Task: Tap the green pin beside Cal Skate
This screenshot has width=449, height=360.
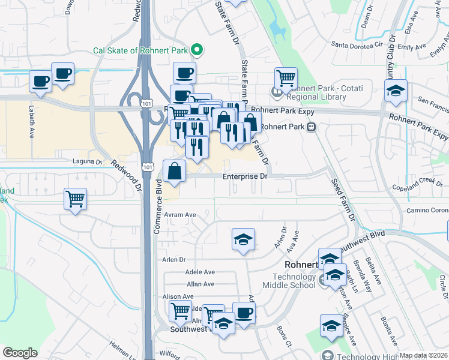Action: click(x=196, y=50)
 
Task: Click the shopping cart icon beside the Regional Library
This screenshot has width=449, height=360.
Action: click(x=286, y=78)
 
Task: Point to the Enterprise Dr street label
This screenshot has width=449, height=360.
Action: click(x=244, y=176)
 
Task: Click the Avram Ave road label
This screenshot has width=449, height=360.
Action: click(x=182, y=214)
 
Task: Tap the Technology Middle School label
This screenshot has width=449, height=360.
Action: click(x=294, y=281)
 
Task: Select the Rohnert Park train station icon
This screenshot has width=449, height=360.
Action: click(x=312, y=127)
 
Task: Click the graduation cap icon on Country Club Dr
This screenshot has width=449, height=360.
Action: click(x=396, y=91)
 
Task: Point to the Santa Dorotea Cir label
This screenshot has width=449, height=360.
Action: click(x=357, y=44)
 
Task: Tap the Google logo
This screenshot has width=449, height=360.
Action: click(x=20, y=353)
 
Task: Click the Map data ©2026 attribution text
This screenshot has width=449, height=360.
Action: click(x=423, y=355)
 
